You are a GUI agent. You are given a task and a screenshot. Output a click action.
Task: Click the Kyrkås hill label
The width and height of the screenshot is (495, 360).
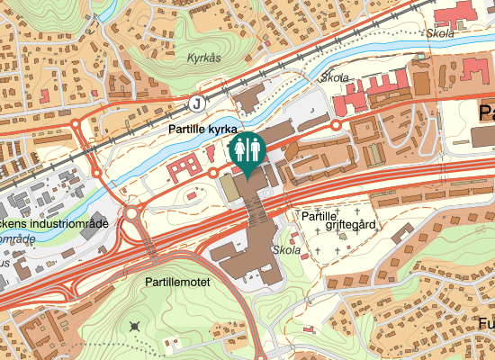pyautogui.click(x=203, y=58)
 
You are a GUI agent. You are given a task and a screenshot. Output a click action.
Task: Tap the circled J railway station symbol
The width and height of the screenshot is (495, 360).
pyautogui.click(x=196, y=103)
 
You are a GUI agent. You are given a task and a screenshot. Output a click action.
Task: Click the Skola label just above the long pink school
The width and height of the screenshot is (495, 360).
pyautogui.click(x=334, y=77)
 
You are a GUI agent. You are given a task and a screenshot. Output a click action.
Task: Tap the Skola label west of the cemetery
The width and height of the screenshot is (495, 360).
pyautogui.click(x=285, y=250)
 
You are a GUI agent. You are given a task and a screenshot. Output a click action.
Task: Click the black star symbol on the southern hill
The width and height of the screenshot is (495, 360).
pyautogui.click(x=135, y=325)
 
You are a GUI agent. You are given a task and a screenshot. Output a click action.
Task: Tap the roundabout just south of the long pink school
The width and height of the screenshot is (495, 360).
pyautogui.click(x=337, y=126)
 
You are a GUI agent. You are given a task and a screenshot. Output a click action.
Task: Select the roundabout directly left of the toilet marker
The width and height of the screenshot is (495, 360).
pyautogui.click(x=213, y=172)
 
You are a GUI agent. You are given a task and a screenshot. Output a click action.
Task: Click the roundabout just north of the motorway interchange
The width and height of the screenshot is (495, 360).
pyautogui.click(x=132, y=214)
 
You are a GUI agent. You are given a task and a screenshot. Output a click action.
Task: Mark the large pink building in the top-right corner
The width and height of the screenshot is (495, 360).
pyautogui.click(x=459, y=13)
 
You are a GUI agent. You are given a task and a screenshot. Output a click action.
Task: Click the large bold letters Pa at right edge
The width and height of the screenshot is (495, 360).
pyautogui.click(x=486, y=113)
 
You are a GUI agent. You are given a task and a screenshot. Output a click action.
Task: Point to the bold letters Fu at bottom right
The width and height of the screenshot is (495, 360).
pyautogui.click(x=486, y=323)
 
